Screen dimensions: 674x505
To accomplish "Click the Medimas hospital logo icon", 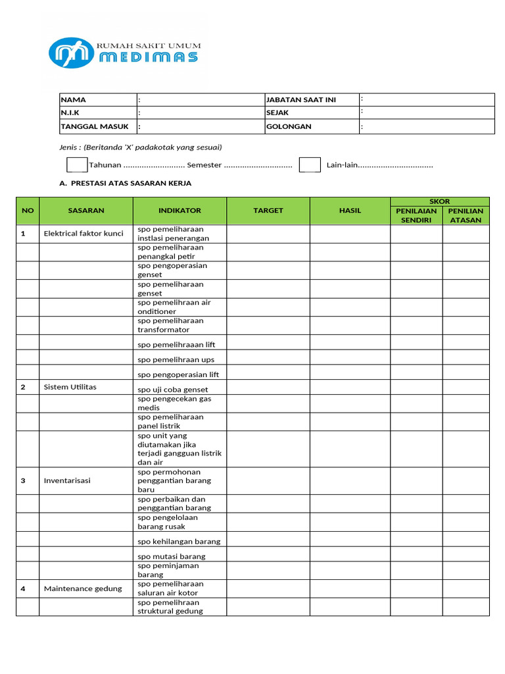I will pos(71,53).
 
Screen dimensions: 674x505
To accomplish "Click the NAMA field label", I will pos(73,100).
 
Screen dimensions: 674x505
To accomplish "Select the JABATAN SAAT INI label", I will pos(301,100).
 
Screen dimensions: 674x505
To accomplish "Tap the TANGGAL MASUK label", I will pos(86,126).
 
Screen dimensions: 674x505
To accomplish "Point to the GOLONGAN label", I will pos(289,126).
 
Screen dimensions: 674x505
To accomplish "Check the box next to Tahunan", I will pos(76,165).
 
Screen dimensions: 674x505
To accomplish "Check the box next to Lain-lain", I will pos(310,165).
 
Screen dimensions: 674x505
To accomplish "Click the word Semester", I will pos(204,165).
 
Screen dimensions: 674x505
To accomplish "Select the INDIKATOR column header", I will pos(180,211).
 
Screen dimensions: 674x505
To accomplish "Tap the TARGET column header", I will pos(268,211).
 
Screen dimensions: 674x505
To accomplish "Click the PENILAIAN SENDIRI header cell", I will pos(416,215).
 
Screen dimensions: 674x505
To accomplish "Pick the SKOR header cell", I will pos(440,201).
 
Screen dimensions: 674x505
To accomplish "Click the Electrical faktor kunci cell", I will pos(84,234).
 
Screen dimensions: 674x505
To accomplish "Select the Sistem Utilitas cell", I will pos(70,387).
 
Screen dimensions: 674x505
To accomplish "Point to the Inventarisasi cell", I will pos(67,480).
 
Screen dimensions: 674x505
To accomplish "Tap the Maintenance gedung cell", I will pos(83,588).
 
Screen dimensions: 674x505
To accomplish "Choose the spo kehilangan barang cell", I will pos(179,541).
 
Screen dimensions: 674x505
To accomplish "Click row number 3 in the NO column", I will pos(23,480).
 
